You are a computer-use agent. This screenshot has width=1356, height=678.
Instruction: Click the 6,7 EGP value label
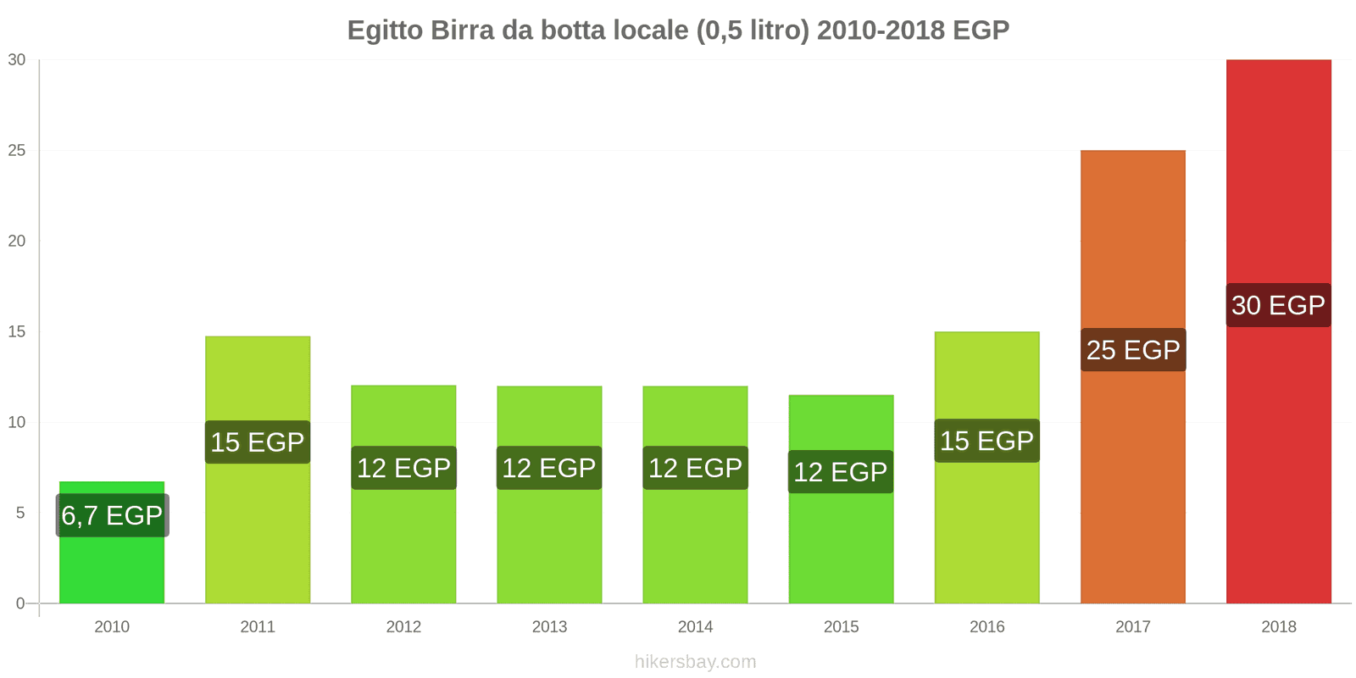coord(112,515)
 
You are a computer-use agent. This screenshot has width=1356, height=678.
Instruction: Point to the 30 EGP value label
coord(1278,305)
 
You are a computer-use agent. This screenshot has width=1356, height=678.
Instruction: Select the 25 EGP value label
coord(1133,350)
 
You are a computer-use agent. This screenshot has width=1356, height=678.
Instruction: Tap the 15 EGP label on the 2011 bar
coord(258,442)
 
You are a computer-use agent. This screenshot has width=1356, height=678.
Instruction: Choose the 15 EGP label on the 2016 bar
coord(986,441)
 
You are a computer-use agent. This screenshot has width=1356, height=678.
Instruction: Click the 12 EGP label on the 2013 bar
coord(549,468)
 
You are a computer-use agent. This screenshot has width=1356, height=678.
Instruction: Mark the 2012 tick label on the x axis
coord(403,627)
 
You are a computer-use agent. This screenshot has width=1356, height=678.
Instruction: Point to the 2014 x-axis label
coord(695,627)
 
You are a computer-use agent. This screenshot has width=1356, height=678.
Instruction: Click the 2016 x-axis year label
coord(986,627)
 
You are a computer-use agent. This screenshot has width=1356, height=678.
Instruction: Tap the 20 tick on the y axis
coord(17,242)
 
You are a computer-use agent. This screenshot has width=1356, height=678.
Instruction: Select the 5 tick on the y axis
coord(20,514)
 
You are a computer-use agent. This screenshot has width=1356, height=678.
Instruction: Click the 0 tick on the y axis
coord(20,604)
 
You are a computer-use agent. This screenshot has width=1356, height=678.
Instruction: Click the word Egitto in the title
coord(385,31)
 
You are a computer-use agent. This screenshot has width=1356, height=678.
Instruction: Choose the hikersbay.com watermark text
coord(695,662)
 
